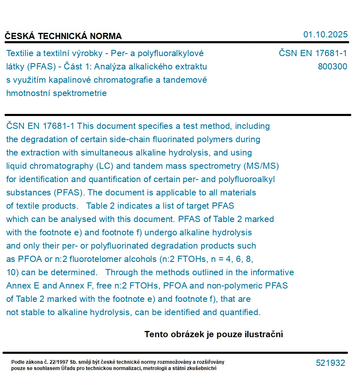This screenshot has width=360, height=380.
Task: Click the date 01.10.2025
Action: [325, 35]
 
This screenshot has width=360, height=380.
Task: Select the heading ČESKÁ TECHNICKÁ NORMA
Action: [63, 36]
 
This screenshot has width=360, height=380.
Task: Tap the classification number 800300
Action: [332, 67]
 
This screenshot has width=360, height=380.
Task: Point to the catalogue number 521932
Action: [330, 363]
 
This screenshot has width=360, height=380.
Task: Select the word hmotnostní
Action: [30, 93]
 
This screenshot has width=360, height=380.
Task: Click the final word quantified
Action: [239, 312]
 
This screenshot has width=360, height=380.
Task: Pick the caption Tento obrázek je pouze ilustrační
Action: [214, 334]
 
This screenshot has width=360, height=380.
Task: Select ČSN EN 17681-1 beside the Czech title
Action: [313, 53]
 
